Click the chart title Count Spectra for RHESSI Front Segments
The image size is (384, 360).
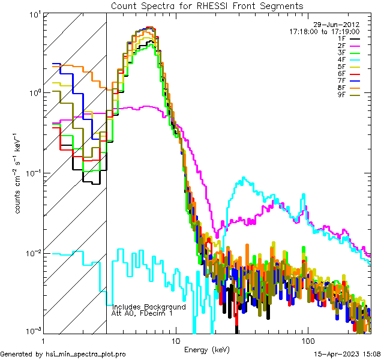[207, 5]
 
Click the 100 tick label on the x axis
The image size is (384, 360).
[307, 341]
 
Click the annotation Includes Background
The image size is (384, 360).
[149, 307]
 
